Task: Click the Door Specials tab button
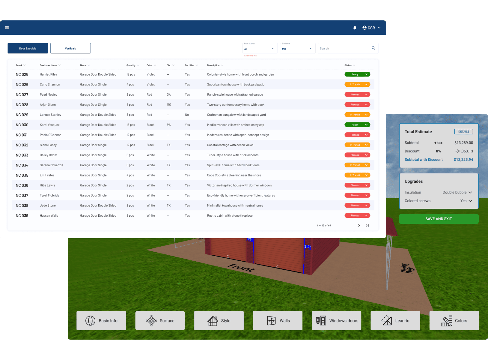coord(28,48)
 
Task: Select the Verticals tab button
coord(70,48)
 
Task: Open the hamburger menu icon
coord(7,28)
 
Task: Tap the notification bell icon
coord(355,28)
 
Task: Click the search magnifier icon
coord(373,48)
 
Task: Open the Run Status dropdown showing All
coord(260,49)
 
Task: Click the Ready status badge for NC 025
coord(357,74)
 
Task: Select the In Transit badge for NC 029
coord(357,115)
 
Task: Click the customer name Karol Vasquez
coord(49,125)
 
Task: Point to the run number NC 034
coord(22,165)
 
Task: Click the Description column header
coord(213,65)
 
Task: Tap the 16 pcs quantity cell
coord(131,125)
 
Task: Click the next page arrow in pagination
coord(359,225)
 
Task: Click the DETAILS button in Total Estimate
coord(463,131)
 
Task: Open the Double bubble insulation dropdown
coord(457,192)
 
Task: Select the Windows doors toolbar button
coord(336,321)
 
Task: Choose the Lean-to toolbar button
coord(395,321)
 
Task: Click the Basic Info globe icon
coord(90,321)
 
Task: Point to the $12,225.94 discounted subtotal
coord(463,160)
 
